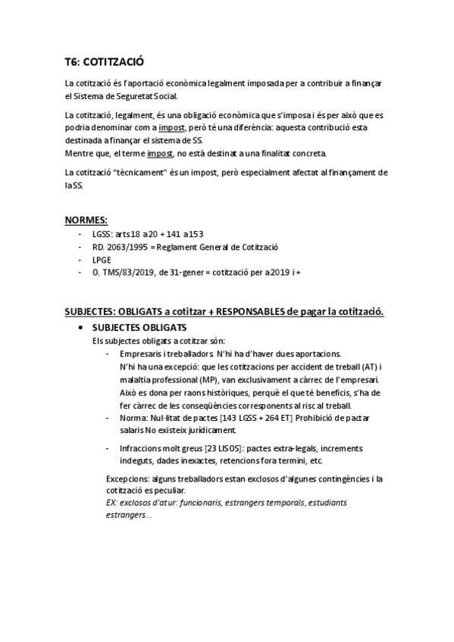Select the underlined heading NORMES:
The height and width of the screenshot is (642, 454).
86,220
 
